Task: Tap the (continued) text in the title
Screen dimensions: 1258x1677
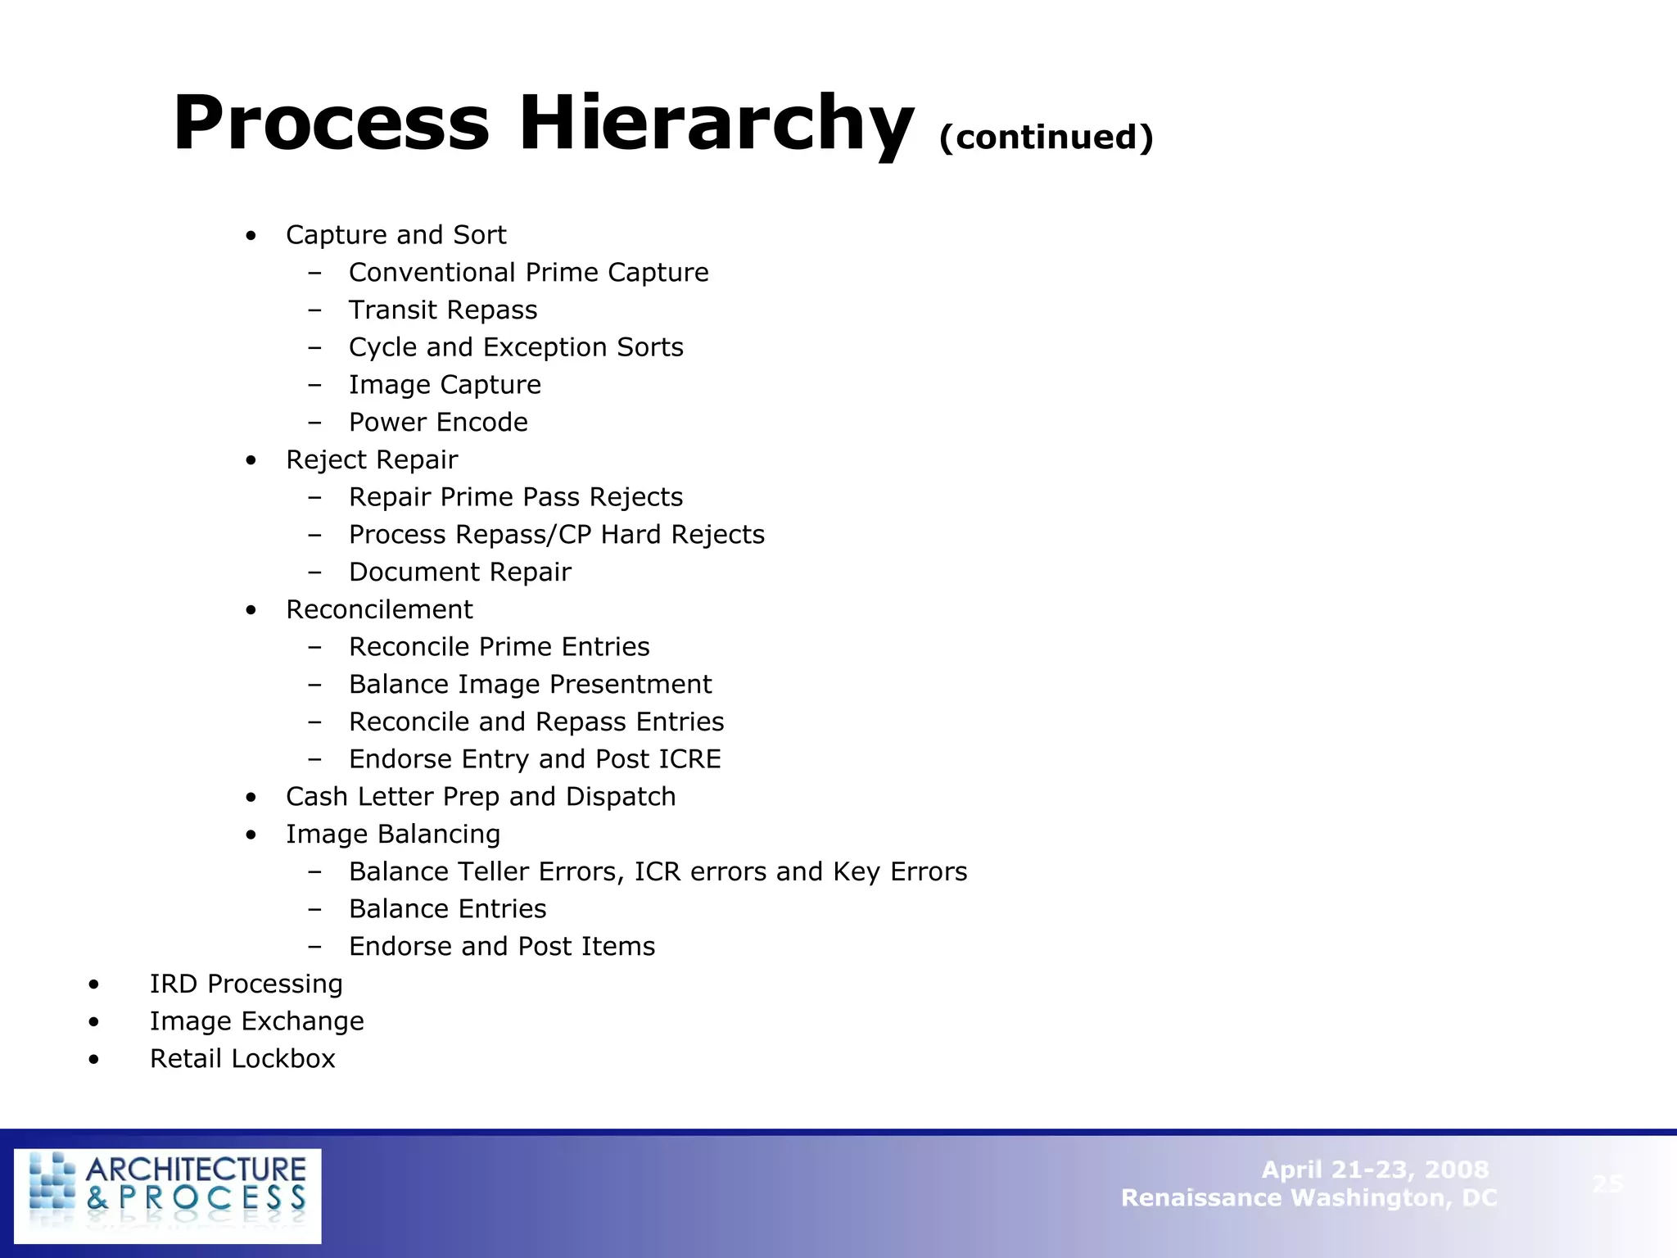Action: tap(1046, 137)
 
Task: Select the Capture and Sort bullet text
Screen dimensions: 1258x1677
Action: tap(396, 235)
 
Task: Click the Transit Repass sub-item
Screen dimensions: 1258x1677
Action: tap(443, 310)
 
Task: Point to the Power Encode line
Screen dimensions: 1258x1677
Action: tap(438, 423)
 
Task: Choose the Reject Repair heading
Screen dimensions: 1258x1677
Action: tap(372, 460)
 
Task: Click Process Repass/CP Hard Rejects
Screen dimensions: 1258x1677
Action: tap(556, 535)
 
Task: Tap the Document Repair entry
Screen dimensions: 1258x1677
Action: tap(459, 572)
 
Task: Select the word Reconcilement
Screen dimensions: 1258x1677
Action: tap(379, 610)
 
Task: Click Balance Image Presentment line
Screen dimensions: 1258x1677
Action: tap(530, 685)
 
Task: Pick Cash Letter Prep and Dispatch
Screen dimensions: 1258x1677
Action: tap(481, 797)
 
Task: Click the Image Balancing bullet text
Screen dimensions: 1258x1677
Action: tap(393, 835)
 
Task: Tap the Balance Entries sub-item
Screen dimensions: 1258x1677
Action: tap(447, 909)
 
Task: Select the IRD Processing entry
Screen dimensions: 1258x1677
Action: tap(246, 984)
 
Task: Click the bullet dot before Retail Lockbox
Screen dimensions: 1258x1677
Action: tap(95, 1060)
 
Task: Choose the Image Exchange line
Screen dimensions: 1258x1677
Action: tap(256, 1022)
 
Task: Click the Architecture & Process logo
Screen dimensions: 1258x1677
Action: tap(168, 1195)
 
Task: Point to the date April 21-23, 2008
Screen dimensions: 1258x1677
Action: tap(1374, 1170)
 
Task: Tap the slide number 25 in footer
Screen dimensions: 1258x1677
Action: tap(1607, 1183)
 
